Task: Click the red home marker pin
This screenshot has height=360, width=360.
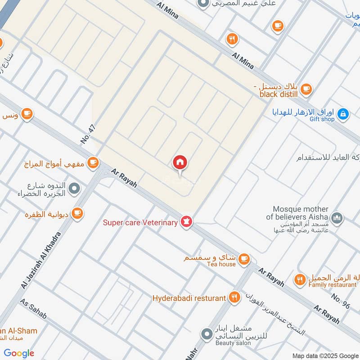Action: point(180,162)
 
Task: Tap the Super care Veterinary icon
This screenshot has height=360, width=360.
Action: point(187,221)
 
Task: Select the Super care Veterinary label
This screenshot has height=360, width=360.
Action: point(140,223)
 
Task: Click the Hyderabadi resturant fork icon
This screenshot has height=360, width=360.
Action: point(234,297)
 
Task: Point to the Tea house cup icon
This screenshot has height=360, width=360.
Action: point(244,259)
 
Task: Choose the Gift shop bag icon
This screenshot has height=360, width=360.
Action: point(343,114)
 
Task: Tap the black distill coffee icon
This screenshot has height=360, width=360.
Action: point(306,89)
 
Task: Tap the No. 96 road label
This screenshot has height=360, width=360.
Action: point(340,301)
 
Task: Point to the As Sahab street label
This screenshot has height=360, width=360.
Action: point(33,308)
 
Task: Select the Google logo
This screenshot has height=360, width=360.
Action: point(19,353)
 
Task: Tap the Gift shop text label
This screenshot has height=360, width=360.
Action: point(322,119)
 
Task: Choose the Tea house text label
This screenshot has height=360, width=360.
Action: point(221,264)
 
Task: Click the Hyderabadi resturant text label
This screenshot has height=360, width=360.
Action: point(189,298)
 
